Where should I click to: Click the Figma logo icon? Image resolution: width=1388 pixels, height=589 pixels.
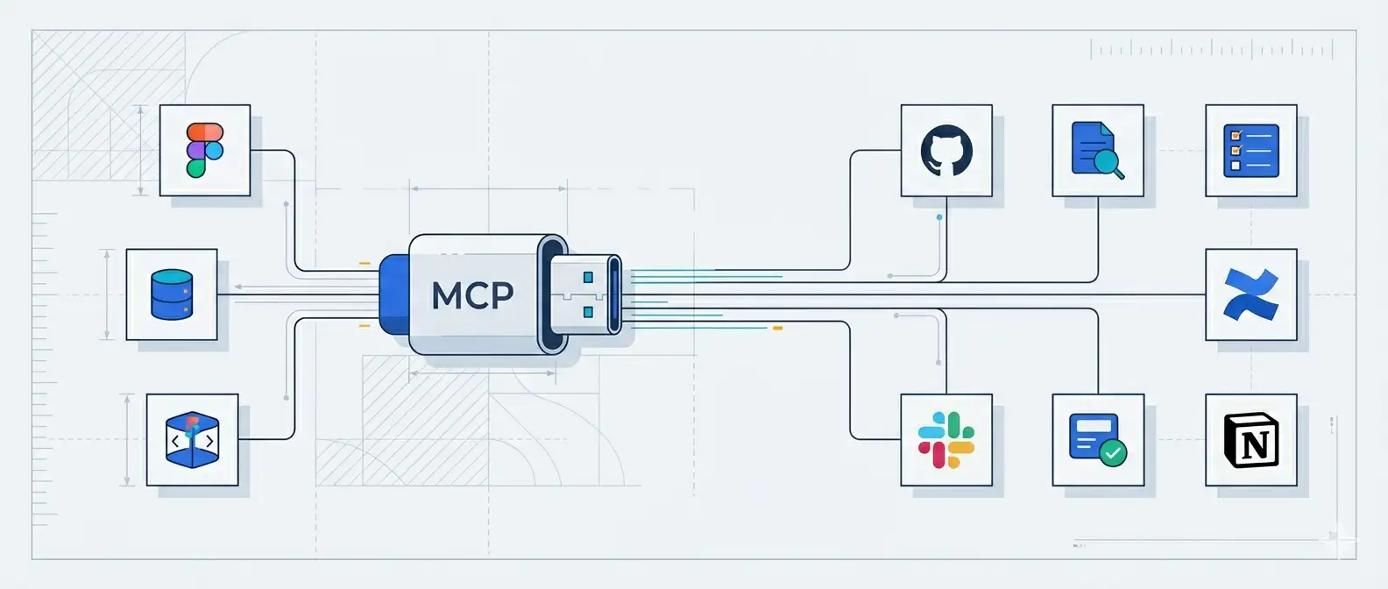(x=205, y=150)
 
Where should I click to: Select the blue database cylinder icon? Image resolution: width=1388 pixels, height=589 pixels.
(x=172, y=294)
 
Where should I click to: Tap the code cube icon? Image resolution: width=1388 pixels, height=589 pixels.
(x=192, y=439)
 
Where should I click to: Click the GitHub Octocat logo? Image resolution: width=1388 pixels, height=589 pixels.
(x=946, y=150)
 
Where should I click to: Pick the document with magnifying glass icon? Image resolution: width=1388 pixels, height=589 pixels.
(x=1097, y=150)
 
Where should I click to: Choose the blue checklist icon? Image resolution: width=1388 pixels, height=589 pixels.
(x=1250, y=150)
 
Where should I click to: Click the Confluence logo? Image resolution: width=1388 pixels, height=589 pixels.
(x=1250, y=294)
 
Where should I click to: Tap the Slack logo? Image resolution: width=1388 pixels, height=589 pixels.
(x=946, y=439)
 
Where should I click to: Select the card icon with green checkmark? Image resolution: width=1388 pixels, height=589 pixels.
(x=1097, y=439)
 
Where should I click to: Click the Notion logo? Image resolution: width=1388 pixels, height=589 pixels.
(x=1250, y=439)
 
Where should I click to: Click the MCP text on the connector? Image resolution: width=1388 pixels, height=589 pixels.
(x=472, y=295)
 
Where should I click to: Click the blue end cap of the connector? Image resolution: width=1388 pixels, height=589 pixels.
(x=393, y=294)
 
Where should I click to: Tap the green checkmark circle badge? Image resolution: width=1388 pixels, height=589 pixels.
(x=1113, y=453)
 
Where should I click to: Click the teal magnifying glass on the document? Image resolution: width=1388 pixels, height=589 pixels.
(x=1108, y=160)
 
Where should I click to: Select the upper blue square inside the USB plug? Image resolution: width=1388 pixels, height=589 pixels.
(x=588, y=278)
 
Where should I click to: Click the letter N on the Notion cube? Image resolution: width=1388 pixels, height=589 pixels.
(x=1255, y=445)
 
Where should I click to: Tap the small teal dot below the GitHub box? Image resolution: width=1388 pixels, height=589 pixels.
(x=939, y=216)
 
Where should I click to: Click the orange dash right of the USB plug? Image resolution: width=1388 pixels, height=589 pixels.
(x=776, y=328)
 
